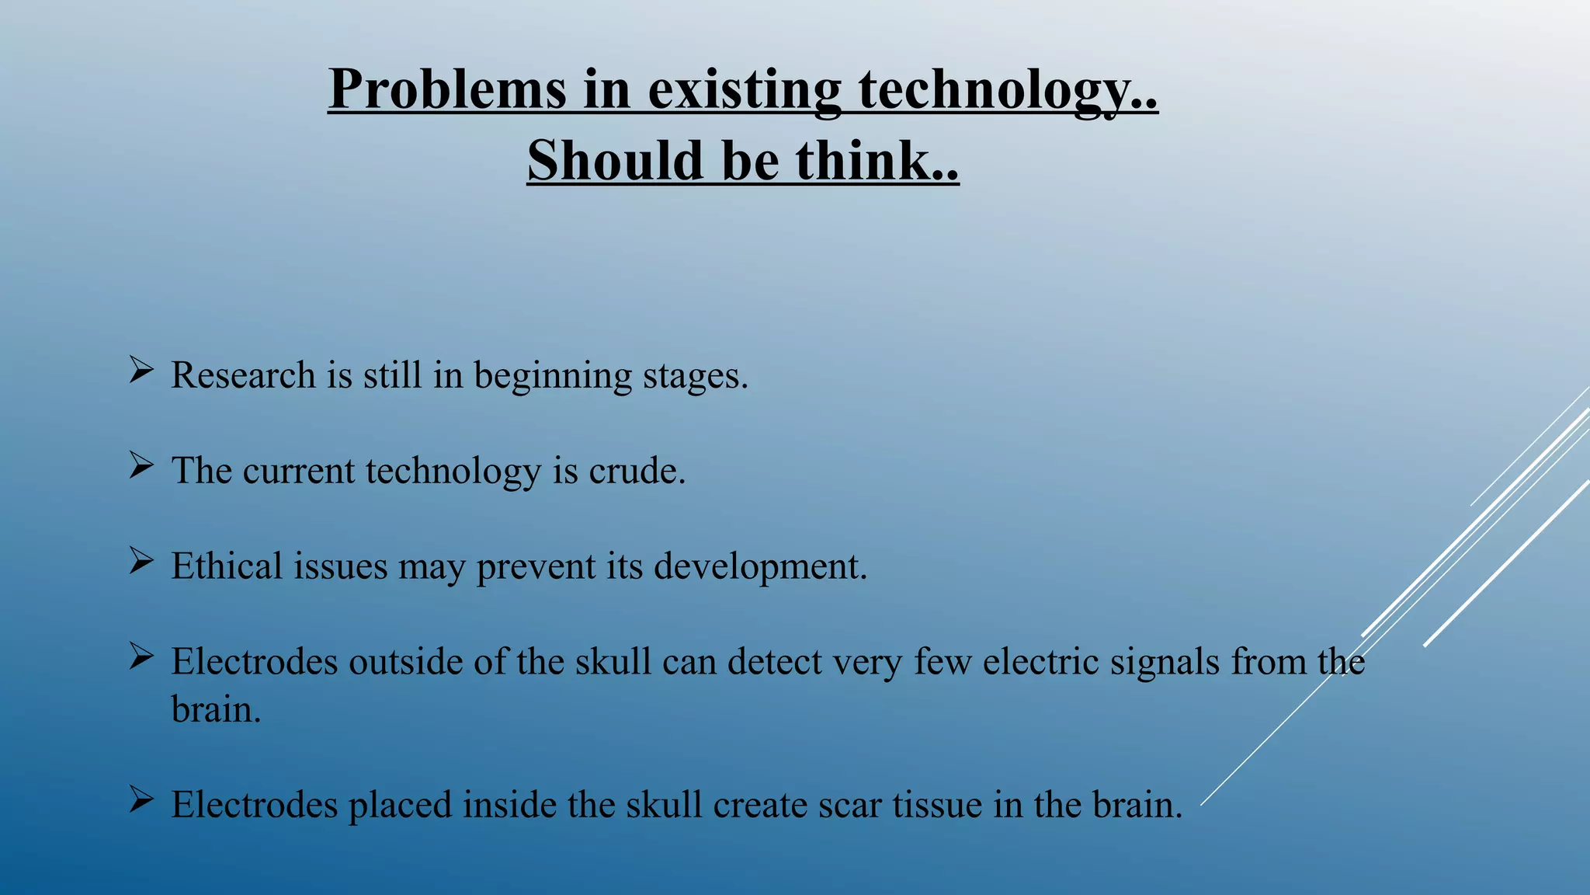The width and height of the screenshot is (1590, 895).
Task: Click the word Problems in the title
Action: click(447, 89)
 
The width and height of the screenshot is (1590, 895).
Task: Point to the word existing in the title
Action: click(745, 89)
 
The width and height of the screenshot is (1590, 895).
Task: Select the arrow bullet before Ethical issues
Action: click(141, 561)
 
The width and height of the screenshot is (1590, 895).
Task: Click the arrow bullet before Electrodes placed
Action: click(141, 799)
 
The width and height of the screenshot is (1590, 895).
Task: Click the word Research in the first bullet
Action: click(243, 375)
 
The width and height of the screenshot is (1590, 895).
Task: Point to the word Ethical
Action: click(227, 566)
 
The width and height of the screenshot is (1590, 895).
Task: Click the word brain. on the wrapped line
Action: click(216, 709)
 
